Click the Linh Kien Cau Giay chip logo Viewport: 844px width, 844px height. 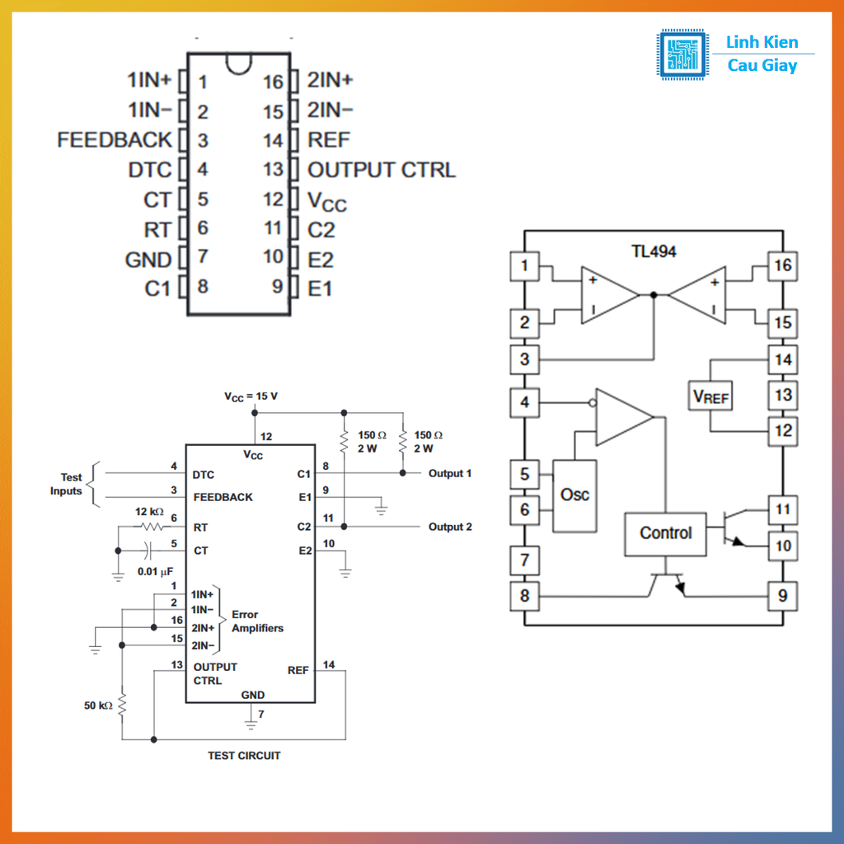(683, 54)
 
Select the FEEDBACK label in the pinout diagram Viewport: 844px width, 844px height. (115, 140)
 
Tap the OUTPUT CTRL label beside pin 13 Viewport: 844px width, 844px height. (381, 170)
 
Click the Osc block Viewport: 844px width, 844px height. (574, 495)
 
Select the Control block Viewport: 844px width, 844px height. (665, 533)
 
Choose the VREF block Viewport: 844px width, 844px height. (710, 396)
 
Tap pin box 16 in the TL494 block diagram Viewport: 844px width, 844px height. (782, 265)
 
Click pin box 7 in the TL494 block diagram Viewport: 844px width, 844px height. (524, 561)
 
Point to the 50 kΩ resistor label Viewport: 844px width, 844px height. (98, 706)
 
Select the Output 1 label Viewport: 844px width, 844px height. (450, 473)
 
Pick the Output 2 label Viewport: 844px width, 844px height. (450, 527)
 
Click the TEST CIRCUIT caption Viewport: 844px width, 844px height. (244, 755)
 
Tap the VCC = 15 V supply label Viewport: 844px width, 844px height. (251, 396)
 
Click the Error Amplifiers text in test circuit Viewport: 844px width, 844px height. (257, 621)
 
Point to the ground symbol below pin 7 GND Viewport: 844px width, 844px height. (251, 725)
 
